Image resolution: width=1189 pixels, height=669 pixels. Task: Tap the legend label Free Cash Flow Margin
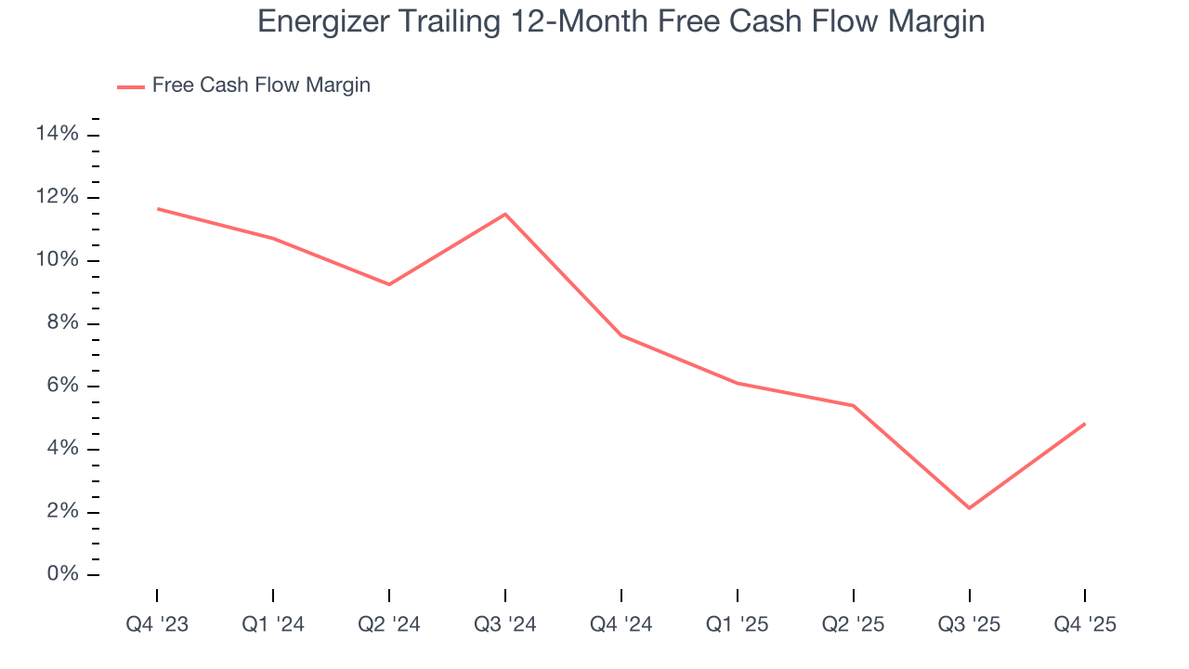(x=261, y=85)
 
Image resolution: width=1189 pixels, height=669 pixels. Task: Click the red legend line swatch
(x=131, y=86)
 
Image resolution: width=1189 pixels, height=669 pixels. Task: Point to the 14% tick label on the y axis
(x=57, y=135)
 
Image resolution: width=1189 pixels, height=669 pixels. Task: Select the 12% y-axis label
(x=57, y=198)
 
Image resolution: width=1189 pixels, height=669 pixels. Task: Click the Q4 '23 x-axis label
(x=157, y=624)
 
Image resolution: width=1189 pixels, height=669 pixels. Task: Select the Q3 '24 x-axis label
(x=505, y=624)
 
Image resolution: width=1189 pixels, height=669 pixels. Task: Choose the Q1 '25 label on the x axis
(x=738, y=624)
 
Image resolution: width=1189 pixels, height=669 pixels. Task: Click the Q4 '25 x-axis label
(x=1085, y=624)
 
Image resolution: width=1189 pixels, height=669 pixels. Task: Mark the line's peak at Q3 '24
(x=505, y=215)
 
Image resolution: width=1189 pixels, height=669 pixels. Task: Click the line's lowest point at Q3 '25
(x=969, y=508)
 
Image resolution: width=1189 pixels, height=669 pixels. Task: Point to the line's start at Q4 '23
(x=157, y=209)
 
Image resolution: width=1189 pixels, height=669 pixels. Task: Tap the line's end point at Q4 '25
(x=1085, y=424)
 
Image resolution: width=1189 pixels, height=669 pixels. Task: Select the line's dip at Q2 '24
(x=389, y=284)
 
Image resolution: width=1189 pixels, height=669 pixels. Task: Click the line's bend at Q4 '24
(x=621, y=335)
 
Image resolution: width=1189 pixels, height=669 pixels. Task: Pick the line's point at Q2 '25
(x=853, y=405)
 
